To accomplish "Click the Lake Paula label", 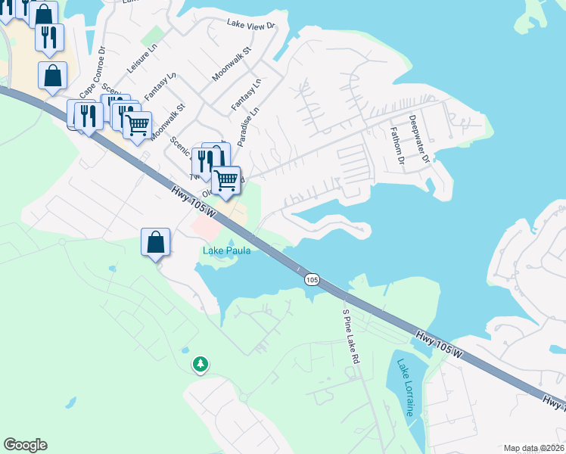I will click(226, 250).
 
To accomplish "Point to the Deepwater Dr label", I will click(419, 139).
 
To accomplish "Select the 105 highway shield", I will click(312, 280).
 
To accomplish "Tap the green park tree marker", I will click(201, 365).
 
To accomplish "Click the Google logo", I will click(25, 445).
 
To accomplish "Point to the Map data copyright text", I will click(533, 448).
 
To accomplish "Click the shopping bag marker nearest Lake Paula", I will click(155, 243).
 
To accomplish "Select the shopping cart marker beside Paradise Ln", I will click(225, 180).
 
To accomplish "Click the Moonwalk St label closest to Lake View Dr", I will click(231, 65).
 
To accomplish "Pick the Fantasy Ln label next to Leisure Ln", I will click(160, 86).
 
